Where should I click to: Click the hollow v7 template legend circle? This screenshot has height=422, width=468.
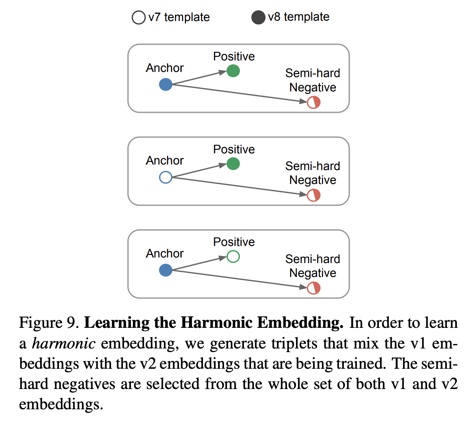click(x=138, y=18)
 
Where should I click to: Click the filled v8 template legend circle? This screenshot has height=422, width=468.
click(x=258, y=18)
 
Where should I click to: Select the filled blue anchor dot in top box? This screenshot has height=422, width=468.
click(x=166, y=85)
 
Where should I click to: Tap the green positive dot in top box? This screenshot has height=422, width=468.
click(x=233, y=71)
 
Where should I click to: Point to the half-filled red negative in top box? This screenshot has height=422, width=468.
click(x=314, y=103)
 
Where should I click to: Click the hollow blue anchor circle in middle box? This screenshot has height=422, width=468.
click(x=166, y=177)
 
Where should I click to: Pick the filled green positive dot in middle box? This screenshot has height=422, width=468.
click(x=233, y=164)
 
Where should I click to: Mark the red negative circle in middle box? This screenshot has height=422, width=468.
click(x=314, y=196)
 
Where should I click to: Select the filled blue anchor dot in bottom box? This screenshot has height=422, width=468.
click(x=166, y=270)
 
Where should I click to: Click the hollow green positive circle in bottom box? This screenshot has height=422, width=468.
click(x=233, y=257)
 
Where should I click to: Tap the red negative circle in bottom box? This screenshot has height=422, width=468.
click(x=314, y=288)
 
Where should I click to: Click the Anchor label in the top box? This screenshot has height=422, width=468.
click(x=165, y=68)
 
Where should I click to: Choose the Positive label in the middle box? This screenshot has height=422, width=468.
click(x=234, y=149)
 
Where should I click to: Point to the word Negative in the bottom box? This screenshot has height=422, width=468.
click(x=313, y=273)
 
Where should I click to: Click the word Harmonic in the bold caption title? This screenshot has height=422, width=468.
click(x=216, y=323)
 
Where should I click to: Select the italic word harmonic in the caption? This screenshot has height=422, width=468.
click(x=63, y=343)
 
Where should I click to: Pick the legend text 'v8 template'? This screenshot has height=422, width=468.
click(x=298, y=17)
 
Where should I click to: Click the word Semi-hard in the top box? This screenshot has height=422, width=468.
click(x=313, y=73)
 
